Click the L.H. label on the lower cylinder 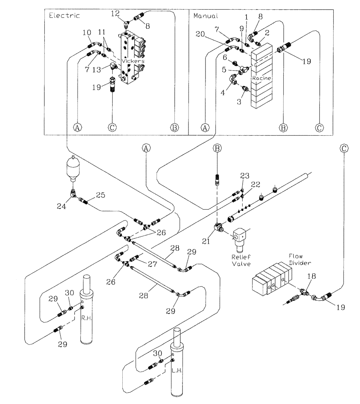[176, 359]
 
